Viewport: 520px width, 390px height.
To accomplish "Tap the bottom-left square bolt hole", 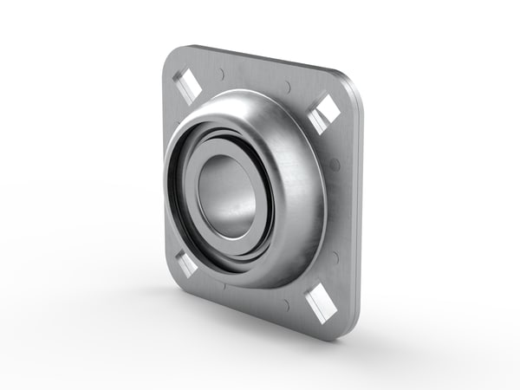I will [185, 263].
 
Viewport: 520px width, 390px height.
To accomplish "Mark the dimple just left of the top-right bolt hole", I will [288, 86].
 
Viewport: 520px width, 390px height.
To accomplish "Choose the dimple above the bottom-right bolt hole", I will [334, 257].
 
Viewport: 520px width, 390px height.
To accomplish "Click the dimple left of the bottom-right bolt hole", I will [285, 304].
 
